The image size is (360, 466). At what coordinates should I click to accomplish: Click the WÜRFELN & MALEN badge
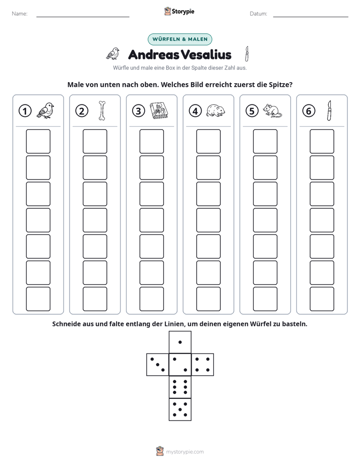[180, 39]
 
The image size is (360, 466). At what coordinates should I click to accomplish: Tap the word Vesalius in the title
[206, 54]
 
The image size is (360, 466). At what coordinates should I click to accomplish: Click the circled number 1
[25, 111]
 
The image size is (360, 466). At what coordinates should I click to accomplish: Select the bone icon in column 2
[102, 111]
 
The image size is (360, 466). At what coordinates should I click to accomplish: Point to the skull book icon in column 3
[159, 111]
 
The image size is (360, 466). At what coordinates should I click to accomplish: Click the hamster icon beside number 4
[216, 110]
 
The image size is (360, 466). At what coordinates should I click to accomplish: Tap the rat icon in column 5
[272, 110]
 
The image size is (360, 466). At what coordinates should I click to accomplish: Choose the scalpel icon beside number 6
[329, 110]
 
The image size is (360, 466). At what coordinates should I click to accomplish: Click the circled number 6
[309, 111]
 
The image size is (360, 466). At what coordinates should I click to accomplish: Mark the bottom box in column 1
[38, 299]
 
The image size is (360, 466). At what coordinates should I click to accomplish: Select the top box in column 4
[209, 141]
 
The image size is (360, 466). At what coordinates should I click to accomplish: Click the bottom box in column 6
[322, 299]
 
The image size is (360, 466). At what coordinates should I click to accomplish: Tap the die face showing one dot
[180, 342]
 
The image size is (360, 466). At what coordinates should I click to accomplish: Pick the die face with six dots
[180, 387]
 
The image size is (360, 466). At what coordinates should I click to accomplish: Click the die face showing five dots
[180, 410]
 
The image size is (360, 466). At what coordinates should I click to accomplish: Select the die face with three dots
[158, 365]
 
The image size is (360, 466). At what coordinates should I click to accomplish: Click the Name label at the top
[20, 14]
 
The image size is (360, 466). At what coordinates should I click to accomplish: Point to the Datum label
[259, 14]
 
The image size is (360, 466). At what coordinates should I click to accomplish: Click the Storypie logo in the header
[179, 11]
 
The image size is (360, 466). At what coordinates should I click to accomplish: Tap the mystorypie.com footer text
[185, 452]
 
